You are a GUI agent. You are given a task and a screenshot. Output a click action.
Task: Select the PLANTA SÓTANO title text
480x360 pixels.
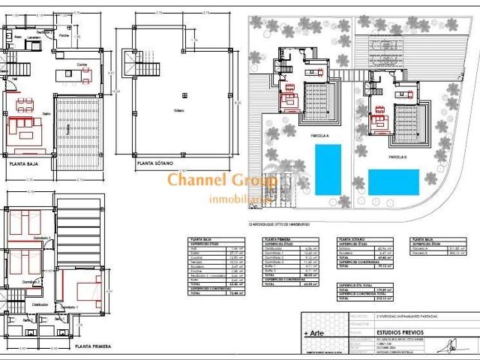coord(155,161)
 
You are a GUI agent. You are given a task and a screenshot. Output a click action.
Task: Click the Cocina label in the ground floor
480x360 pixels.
coord(82,65)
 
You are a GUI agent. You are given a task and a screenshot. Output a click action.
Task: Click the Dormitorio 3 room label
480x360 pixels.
coord(41,237)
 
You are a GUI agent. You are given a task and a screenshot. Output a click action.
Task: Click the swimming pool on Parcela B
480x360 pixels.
coord(394,181)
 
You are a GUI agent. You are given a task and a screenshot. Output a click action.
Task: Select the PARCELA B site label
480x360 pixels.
coord(398,158)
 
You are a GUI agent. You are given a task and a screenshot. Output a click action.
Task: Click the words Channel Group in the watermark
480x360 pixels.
coord(222,180)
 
